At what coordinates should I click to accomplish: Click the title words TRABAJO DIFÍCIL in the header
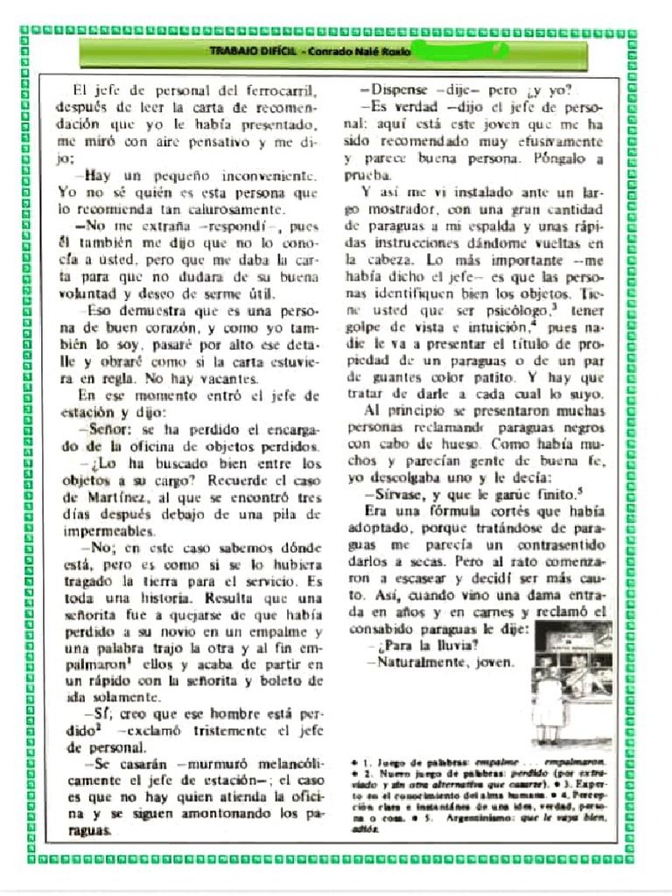[252, 52]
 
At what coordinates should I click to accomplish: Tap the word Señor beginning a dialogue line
[110, 430]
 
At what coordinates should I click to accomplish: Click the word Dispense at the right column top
[401, 90]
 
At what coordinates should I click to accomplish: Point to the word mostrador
[403, 210]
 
